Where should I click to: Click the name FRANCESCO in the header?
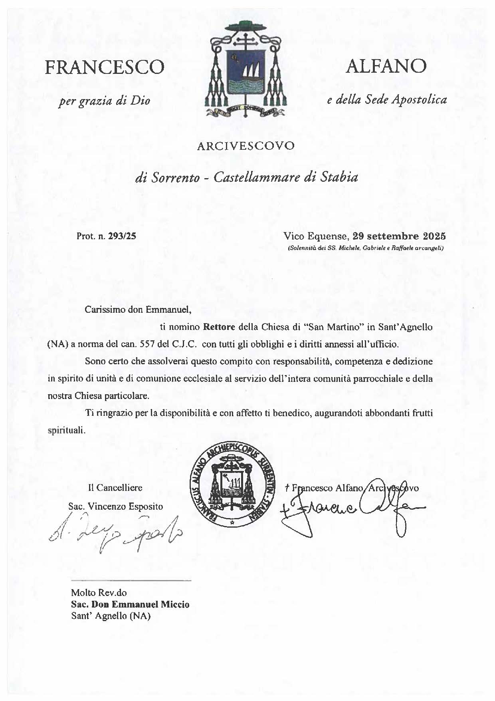(x=105, y=67)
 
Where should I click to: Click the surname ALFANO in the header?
(x=386, y=66)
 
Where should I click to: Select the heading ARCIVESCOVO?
(x=246, y=146)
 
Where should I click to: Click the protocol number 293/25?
(x=122, y=236)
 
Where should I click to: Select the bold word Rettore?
(x=220, y=327)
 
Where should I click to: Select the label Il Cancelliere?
(x=115, y=488)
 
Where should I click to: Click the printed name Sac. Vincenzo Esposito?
(x=116, y=506)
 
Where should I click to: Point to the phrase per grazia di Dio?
(x=105, y=100)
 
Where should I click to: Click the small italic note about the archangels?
(x=366, y=248)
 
